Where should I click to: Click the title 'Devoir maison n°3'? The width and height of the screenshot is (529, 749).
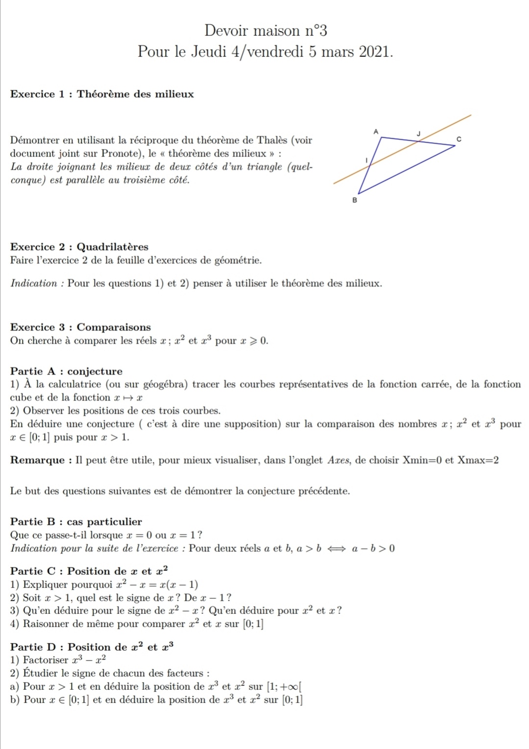click(x=265, y=30)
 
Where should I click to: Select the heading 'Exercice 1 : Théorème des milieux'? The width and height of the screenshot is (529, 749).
click(x=102, y=94)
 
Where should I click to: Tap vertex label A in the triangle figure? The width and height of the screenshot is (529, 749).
click(x=376, y=131)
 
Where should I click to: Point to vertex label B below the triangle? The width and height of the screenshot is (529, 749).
click(x=355, y=200)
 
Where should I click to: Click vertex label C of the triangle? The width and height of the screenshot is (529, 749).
click(x=458, y=140)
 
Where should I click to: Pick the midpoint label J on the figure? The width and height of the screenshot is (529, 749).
click(x=418, y=133)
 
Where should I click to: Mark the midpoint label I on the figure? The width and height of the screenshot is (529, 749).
click(x=366, y=160)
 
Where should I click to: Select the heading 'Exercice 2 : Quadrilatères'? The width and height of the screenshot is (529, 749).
click(x=79, y=247)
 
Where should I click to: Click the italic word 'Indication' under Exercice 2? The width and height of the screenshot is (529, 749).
click(x=34, y=283)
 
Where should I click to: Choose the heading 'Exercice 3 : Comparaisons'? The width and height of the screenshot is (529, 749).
click(x=80, y=327)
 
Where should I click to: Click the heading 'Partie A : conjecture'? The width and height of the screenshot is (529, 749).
click(x=66, y=371)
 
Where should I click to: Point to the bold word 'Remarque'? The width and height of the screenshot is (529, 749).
click(x=38, y=460)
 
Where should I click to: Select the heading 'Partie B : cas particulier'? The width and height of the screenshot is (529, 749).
click(x=76, y=521)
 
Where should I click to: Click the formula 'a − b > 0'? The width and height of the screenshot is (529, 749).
click(x=373, y=548)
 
